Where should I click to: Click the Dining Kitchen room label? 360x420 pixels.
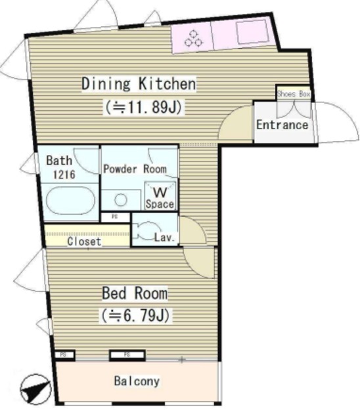pyautogui.click(x=138, y=84)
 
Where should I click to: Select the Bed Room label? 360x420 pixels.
pyautogui.click(x=134, y=293)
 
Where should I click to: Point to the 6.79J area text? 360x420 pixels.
pyautogui.click(x=136, y=316)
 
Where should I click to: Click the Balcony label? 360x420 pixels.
pyautogui.click(x=136, y=381)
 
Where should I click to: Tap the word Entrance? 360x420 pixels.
pyautogui.click(x=282, y=125)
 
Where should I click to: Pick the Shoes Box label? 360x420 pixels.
pyautogui.click(x=293, y=94)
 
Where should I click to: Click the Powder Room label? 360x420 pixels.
pyautogui.click(x=139, y=169)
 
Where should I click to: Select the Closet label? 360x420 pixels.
pyautogui.click(x=84, y=241)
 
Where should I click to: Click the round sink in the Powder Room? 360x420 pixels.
pyautogui.click(x=120, y=199)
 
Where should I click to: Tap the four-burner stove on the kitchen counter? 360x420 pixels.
pyautogui.click(x=192, y=39)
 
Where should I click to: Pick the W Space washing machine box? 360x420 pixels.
pyautogui.click(x=160, y=197)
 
